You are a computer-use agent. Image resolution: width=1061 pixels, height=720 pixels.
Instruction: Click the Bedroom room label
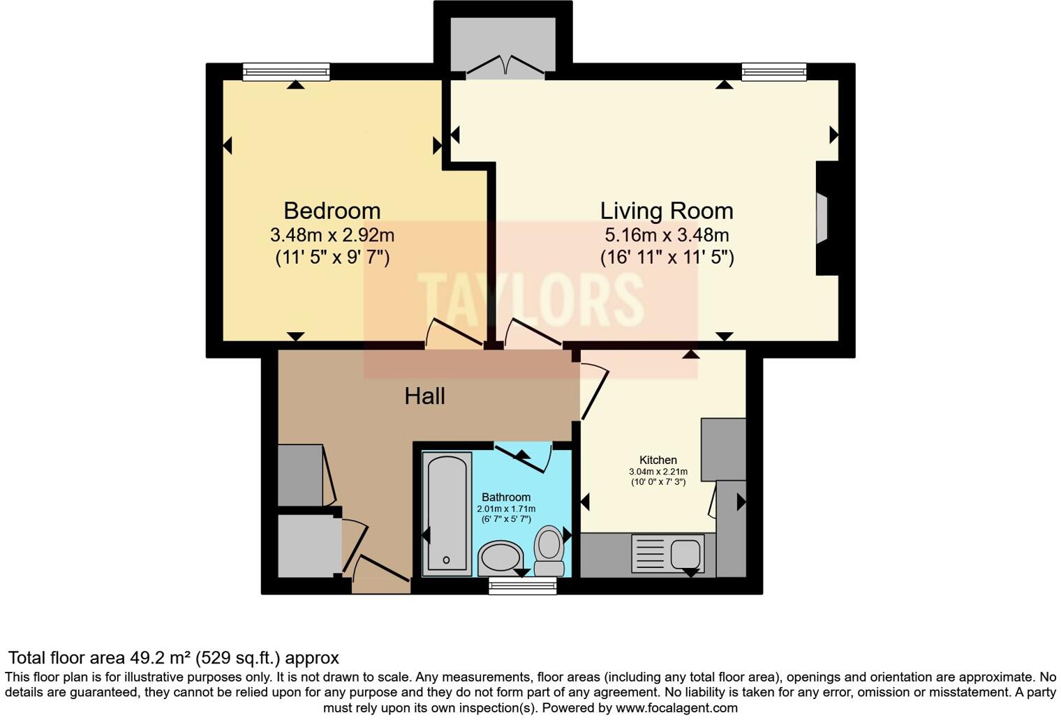coord(332,211)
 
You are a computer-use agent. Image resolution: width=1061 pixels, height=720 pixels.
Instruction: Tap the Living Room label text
coord(666,211)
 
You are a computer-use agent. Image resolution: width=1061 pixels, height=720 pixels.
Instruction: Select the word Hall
coord(424,396)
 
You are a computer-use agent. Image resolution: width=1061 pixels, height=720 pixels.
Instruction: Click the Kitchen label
coord(658,460)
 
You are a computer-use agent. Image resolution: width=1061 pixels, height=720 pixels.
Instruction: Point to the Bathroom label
coord(505,497)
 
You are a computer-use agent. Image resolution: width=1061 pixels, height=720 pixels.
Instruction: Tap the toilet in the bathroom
coord(549,550)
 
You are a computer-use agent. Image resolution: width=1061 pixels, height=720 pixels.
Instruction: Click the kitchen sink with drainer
coord(667,554)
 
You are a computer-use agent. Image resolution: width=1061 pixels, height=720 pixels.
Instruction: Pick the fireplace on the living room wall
coord(824,218)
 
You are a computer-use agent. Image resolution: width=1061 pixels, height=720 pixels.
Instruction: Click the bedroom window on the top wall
coord(286,71)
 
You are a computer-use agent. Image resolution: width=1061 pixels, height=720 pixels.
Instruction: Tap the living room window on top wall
coord(773,71)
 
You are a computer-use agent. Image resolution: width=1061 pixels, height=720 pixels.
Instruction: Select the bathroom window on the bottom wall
coord(522,586)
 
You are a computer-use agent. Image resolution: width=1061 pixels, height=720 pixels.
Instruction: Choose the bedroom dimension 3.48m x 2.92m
coord(332,235)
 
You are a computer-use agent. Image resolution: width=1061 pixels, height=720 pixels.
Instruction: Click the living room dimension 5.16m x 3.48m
coord(666,235)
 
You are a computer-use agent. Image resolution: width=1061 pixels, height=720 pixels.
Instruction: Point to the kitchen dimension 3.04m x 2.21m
coord(658,472)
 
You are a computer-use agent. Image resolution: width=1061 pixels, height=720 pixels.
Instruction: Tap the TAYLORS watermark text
coord(530,300)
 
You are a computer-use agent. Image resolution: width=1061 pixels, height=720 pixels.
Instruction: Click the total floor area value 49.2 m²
coord(161,658)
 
